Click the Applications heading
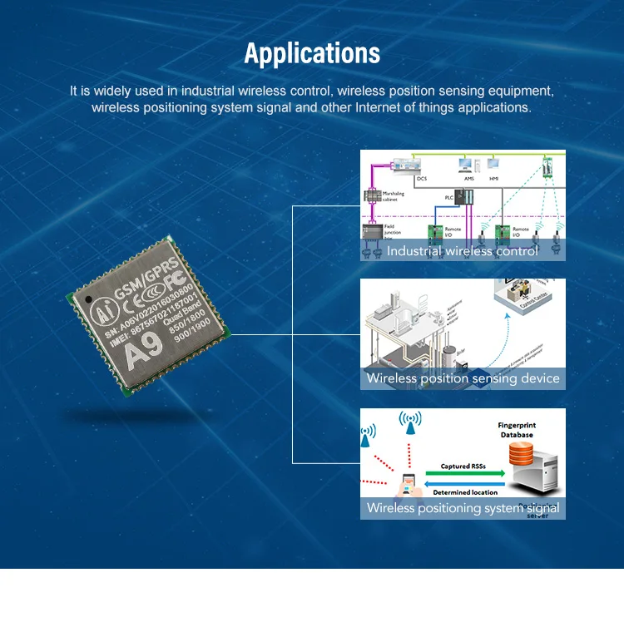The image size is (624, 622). coord(312,54)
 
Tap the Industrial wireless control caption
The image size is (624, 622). coord(462,250)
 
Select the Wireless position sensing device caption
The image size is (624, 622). coord(462,378)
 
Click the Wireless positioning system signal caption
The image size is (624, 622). coord(462,507)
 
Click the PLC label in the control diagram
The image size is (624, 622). coord(448,197)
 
